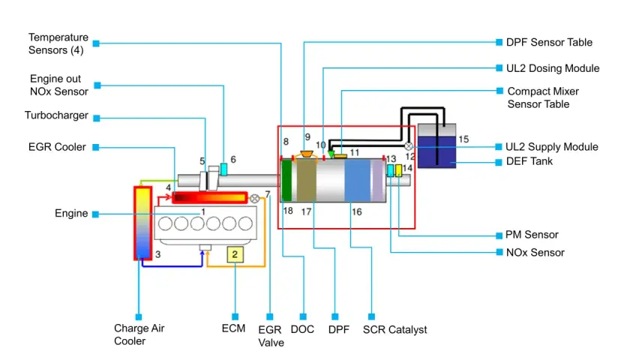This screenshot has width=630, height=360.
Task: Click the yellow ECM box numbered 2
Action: click(x=235, y=254)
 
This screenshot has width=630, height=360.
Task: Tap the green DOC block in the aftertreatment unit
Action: click(x=286, y=180)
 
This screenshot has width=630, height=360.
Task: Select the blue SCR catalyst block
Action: click(x=358, y=180)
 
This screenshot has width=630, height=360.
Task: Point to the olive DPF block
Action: click(x=307, y=180)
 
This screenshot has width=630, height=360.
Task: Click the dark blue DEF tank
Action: click(x=436, y=151)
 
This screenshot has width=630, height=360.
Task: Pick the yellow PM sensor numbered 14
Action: click(x=398, y=170)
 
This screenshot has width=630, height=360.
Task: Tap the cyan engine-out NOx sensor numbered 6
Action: click(x=223, y=169)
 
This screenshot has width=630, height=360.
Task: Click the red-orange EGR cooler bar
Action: click(x=209, y=197)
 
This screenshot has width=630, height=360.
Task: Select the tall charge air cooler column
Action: click(x=142, y=223)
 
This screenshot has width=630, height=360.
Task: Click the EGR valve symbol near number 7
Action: click(x=254, y=199)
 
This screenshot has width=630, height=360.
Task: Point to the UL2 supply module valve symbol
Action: click(x=408, y=146)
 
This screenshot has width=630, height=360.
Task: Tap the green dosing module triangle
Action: click(x=331, y=154)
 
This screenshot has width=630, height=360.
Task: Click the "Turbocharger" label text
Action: click(x=56, y=115)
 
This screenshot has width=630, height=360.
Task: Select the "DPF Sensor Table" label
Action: click(x=549, y=42)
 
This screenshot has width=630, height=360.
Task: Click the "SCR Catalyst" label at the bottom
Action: click(x=395, y=329)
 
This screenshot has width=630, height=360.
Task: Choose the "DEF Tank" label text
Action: click(x=529, y=161)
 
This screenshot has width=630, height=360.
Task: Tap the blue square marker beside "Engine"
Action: click(x=96, y=214)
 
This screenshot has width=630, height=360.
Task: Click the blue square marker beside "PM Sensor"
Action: click(x=499, y=235)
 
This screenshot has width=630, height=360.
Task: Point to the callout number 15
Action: click(x=463, y=139)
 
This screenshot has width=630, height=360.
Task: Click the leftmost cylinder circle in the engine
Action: click(x=165, y=223)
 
